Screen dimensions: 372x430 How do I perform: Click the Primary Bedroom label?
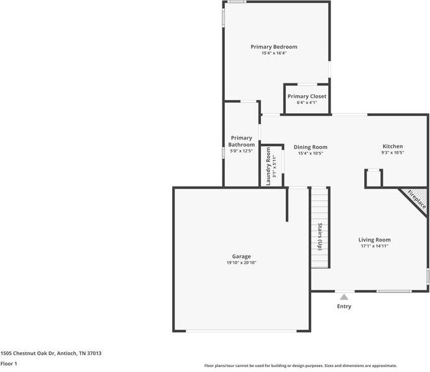[273, 47]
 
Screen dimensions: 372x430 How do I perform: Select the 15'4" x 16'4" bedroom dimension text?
[273, 53]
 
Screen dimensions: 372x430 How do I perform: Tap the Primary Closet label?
[306, 96]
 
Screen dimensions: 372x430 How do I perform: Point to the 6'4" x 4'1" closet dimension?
[306, 103]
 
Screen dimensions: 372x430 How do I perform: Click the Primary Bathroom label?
[241, 141]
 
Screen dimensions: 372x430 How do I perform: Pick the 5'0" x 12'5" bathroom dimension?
[241, 151]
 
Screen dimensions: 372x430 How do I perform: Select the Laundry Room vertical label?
[268, 165]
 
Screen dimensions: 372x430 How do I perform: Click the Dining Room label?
[310, 147]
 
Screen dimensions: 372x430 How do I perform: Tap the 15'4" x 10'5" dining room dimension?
[310, 154]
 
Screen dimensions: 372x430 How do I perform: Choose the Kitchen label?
[392, 146]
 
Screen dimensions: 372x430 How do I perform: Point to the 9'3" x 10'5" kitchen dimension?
[392, 153]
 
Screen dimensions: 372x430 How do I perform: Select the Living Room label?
[374, 239]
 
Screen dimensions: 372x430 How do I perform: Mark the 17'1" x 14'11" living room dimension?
[374, 246]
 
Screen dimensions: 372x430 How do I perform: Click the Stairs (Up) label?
[320, 236]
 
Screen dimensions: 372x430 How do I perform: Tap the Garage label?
[241, 256]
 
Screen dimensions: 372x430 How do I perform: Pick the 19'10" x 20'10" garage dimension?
[241, 263]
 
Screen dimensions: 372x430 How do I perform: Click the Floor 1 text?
[9, 363]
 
